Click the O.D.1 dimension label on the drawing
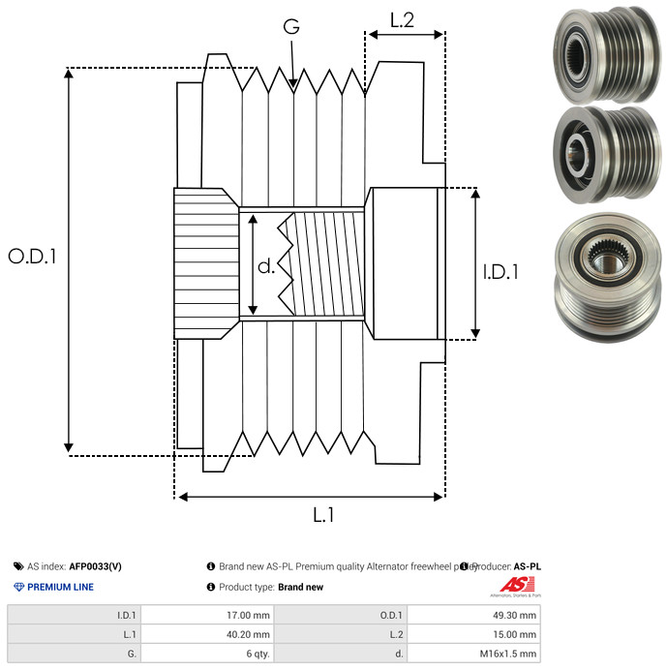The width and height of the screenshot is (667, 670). pos(32,258)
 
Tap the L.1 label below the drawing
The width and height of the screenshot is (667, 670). pos(322,516)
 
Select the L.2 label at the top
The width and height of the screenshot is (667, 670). pos(403,19)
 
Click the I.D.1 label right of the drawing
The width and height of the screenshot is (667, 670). pos(500,273)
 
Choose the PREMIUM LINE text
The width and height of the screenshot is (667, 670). pos(60,587)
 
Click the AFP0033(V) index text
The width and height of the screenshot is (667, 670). pos(95,566)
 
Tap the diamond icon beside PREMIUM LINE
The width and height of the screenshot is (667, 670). pos(18,587)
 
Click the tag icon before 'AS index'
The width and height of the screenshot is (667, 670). pos(18,566)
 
